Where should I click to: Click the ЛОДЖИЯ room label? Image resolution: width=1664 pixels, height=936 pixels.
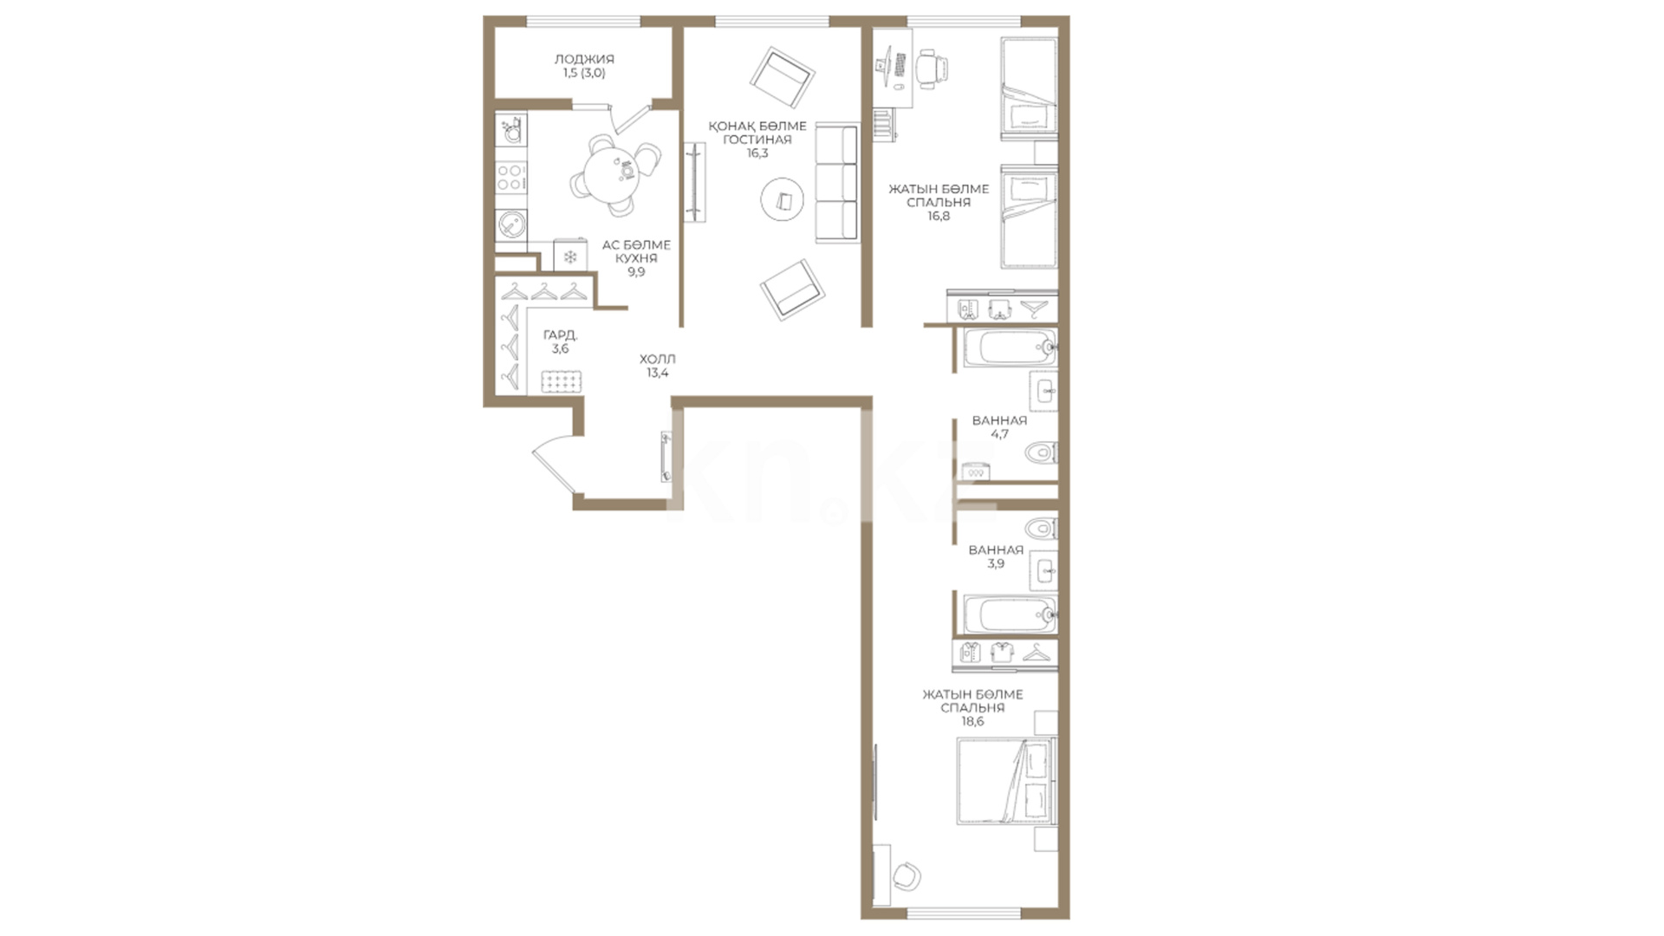click(584, 59)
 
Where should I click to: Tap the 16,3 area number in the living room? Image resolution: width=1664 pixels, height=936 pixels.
click(757, 153)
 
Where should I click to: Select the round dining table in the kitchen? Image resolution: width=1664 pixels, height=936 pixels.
click(614, 172)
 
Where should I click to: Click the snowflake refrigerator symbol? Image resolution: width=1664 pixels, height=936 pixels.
click(570, 257)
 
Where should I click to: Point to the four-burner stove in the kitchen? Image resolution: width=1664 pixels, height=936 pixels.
click(510, 178)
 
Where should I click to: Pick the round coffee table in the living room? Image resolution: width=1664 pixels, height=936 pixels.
click(783, 200)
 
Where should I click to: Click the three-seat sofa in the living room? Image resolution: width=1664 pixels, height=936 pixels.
click(836, 184)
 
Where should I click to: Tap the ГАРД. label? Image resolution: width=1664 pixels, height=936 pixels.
click(561, 335)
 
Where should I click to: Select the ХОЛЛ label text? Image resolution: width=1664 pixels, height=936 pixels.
click(658, 359)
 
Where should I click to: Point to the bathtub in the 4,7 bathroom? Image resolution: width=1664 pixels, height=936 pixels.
click(1010, 348)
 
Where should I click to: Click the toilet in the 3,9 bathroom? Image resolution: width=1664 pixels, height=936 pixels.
click(1040, 528)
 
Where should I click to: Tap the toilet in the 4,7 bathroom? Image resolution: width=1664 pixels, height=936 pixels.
click(1040, 452)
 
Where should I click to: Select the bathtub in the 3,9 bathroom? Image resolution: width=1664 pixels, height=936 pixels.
click(1010, 614)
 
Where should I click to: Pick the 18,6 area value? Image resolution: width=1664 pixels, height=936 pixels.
click(972, 721)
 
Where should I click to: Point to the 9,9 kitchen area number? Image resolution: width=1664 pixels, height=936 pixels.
click(636, 272)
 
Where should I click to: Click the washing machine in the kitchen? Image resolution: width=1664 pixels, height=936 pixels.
click(510, 224)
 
